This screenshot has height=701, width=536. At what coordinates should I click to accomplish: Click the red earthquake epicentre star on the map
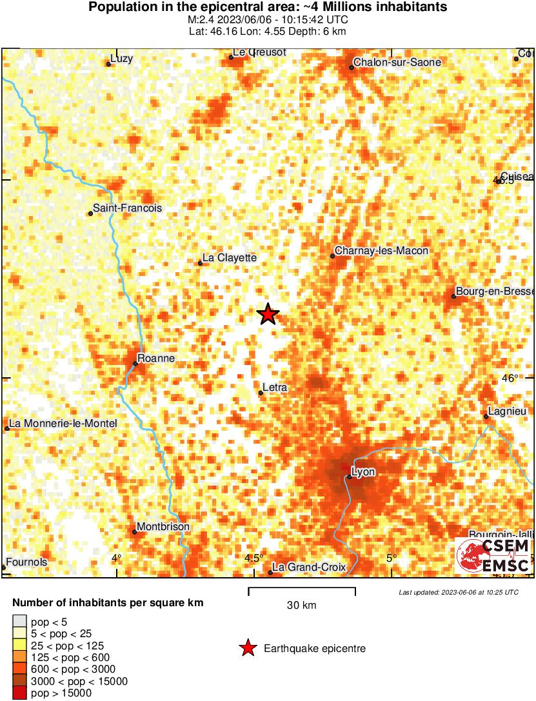268,314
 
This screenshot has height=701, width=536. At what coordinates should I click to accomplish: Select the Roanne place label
156,359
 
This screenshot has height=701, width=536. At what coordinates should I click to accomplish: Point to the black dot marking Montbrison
134,532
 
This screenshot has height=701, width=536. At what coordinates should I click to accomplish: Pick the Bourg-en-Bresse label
493,291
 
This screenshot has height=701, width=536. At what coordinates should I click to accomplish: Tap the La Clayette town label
230,258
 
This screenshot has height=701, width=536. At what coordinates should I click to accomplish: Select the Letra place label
275,388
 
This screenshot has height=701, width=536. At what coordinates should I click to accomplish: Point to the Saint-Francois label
127,208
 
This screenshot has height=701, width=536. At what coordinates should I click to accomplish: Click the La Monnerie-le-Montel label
63,424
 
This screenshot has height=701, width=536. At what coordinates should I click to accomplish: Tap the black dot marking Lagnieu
486,417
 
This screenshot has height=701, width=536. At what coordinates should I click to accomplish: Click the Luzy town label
121,59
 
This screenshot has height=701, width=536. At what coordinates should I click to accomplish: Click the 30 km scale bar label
302,606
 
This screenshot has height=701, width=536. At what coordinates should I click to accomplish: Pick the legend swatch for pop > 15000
20,693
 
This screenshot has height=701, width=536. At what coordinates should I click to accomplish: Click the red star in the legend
246,648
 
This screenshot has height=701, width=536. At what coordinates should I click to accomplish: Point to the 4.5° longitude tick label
254,558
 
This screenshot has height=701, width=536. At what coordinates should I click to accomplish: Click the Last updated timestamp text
459,592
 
